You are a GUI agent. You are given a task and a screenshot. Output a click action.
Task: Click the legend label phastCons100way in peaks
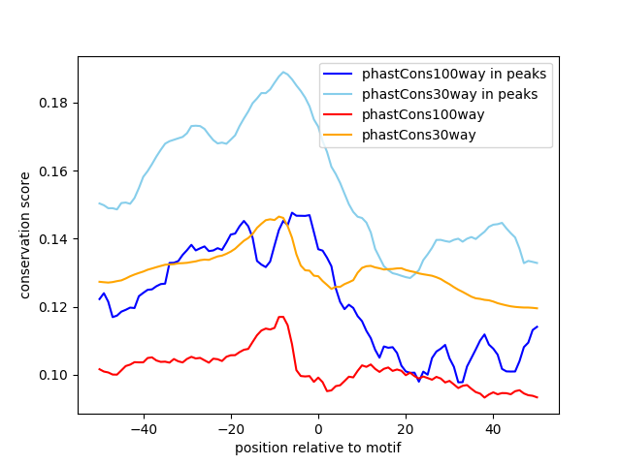(454, 74)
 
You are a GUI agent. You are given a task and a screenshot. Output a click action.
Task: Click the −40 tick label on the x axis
(143, 428)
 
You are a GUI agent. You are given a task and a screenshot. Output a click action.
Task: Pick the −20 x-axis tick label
(230, 428)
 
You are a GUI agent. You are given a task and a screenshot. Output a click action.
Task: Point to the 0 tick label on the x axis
(318, 428)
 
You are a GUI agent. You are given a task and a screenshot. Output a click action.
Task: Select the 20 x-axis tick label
(406, 428)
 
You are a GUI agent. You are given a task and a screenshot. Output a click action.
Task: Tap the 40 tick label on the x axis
(493, 428)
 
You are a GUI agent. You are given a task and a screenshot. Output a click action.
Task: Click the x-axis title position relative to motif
(317, 448)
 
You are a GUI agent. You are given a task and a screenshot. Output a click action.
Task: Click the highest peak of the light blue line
(284, 72)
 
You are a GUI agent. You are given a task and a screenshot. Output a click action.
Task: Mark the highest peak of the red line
(281, 317)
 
